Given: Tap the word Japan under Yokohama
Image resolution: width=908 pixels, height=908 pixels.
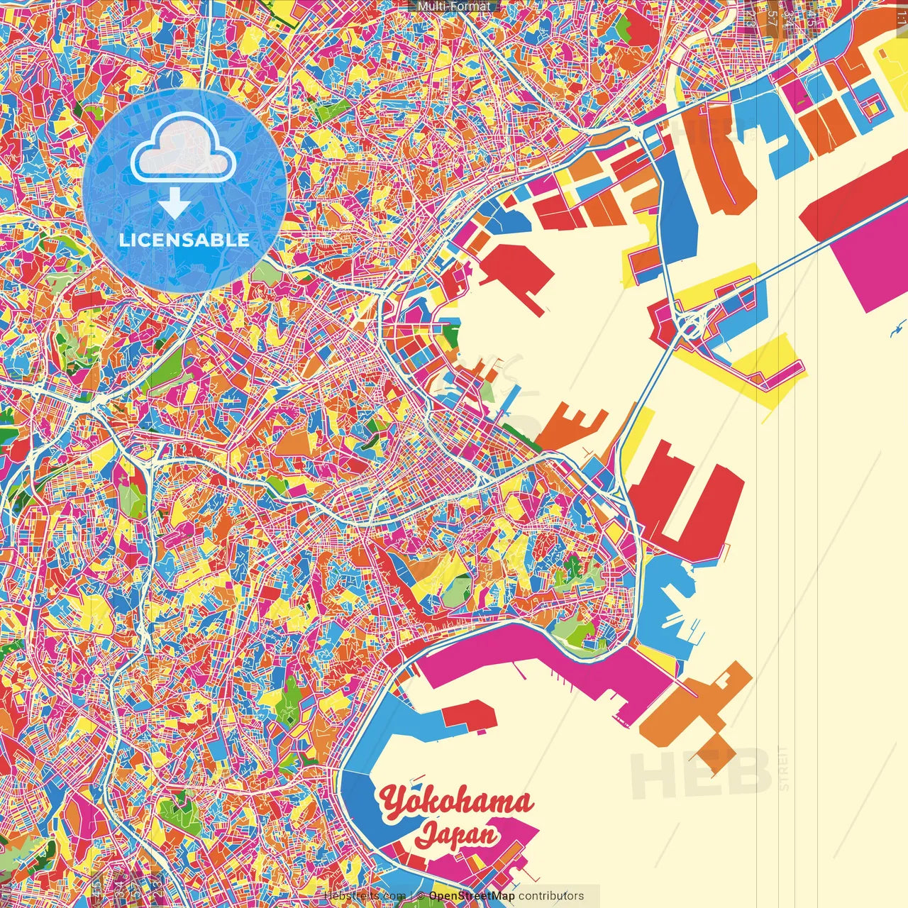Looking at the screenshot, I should point(457,834).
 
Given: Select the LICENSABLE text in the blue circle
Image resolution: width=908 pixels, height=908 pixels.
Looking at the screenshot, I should point(184,240).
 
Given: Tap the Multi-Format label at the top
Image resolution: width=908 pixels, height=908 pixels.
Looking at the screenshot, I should point(454,6).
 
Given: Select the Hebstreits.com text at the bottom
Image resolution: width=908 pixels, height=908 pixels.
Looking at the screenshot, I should point(365,896).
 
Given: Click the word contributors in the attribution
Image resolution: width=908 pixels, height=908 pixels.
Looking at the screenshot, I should point(551,896).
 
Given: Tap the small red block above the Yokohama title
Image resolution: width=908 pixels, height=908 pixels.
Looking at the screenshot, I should point(470,714).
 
